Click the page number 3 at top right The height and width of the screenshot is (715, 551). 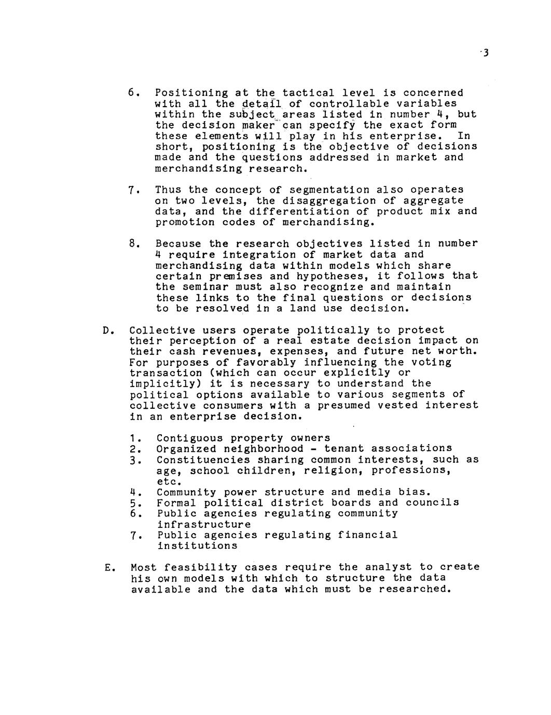click(x=486, y=53)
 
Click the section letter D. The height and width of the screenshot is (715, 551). click(x=106, y=331)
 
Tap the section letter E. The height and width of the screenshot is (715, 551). click(x=107, y=568)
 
